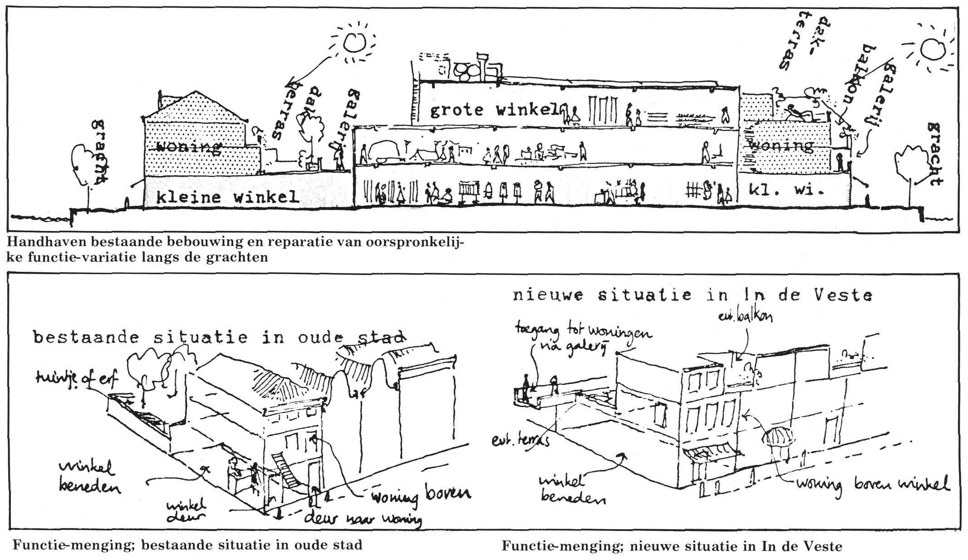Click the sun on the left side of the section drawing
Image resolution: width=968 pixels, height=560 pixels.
(x=354, y=42)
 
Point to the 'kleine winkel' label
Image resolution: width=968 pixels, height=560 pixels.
(x=227, y=197)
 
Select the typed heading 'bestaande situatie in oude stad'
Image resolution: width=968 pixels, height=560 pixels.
(x=218, y=338)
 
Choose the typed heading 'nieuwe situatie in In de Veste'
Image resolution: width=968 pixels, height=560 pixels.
(x=692, y=295)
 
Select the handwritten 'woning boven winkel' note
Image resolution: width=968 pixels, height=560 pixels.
(x=871, y=484)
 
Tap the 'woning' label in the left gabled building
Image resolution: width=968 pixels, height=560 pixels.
(x=188, y=147)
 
